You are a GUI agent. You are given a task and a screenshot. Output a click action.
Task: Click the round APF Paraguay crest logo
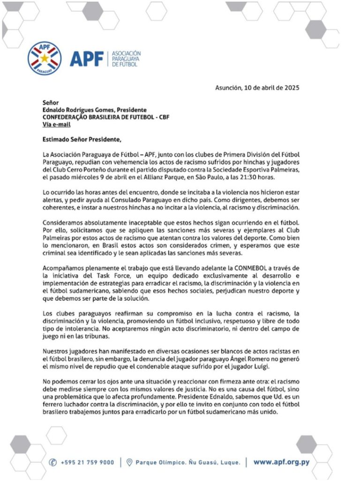[x=45, y=59]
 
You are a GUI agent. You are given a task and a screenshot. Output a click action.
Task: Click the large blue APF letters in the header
[x=87, y=59]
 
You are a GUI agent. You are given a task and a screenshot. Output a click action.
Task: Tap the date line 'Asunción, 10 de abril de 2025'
[x=257, y=87]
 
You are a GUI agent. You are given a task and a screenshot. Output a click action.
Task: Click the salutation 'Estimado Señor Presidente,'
[x=81, y=139]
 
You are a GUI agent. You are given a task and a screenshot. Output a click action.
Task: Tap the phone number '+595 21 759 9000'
[x=87, y=462]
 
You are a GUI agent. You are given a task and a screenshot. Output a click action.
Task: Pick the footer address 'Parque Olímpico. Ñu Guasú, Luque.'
[x=188, y=462]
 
